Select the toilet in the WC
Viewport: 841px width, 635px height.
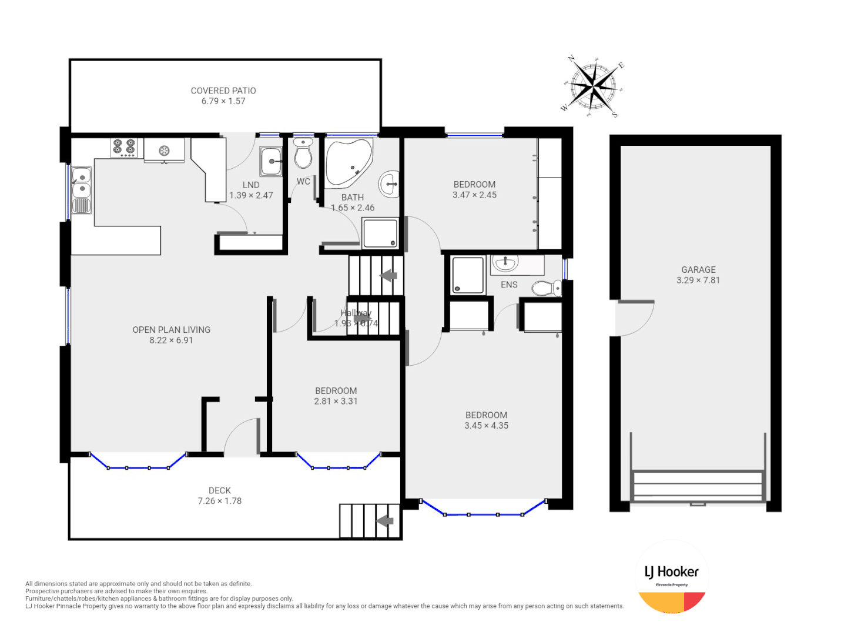coord(303,154)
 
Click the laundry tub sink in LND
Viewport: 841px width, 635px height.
coord(271,161)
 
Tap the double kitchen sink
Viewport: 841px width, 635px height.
coord(81,183)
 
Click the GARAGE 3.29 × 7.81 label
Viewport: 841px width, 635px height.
coord(698,275)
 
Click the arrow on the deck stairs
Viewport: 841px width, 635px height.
coord(384,521)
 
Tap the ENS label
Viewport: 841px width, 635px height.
coord(509,285)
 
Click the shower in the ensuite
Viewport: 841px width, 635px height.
coord(468,275)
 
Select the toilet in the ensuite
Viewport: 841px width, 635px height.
coord(547,288)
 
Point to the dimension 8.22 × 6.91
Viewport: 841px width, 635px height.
coord(171,340)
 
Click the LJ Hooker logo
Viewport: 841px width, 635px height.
coord(672,577)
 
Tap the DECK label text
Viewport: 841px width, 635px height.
coord(220,490)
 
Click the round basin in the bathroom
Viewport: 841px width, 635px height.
coord(389,183)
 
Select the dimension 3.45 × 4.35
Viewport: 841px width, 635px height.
coord(486,426)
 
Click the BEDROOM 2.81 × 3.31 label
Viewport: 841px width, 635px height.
coord(336,396)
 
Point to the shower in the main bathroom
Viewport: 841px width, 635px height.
coord(380,233)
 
